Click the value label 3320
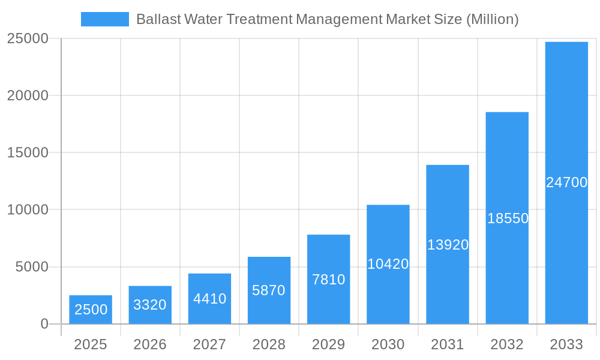click(149, 305)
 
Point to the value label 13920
click(448, 245)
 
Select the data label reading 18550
click(508, 218)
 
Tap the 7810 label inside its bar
click(328, 280)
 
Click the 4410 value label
click(209, 299)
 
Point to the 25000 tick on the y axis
click(28, 39)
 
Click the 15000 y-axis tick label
click(28, 153)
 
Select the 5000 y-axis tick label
click(32, 267)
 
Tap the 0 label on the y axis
click(44, 324)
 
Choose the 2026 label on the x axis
click(149, 345)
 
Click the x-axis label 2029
click(328, 345)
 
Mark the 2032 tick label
click(507, 345)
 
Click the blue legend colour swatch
click(105, 19)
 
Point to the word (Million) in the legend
click(492, 19)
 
